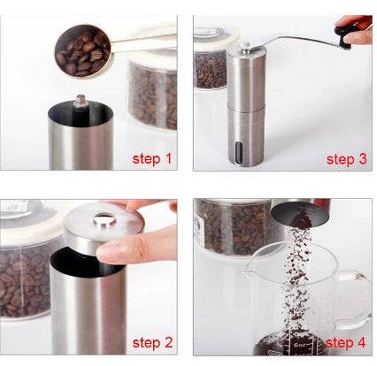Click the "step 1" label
click(x=152, y=159)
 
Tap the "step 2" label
click(x=152, y=341)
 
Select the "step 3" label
click(x=345, y=159)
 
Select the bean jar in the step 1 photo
click(x=150, y=88)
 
